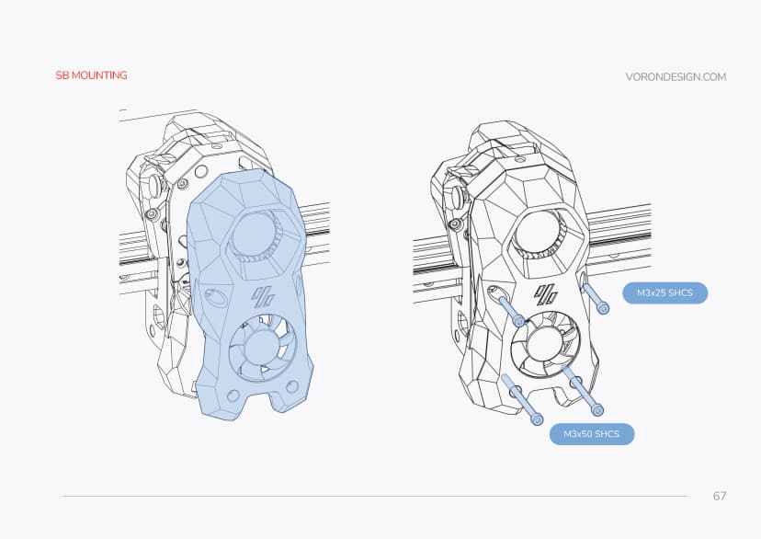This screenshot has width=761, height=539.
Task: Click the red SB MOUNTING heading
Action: [90, 75]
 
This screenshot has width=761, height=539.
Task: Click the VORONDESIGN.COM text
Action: [676, 77]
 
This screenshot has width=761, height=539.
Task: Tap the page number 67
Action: [720, 496]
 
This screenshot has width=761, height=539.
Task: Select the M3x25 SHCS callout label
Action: [664, 293]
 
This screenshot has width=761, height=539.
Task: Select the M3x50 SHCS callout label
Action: [591, 433]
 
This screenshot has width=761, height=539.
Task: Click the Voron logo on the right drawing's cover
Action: [548, 294]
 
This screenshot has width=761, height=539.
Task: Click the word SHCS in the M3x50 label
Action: [605, 433]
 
